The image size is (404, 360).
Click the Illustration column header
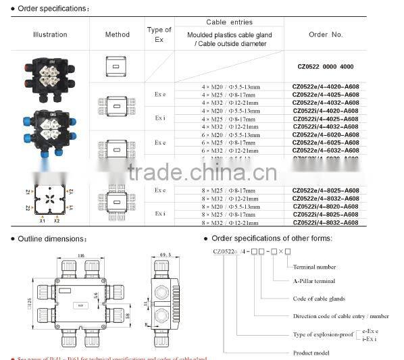click(50, 34)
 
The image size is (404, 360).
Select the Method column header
click(118, 34)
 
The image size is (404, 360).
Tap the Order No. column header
click(326, 34)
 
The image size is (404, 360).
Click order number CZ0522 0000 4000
click(326, 67)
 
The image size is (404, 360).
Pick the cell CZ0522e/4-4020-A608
click(326, 87)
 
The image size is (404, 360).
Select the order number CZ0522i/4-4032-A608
click(326, 126)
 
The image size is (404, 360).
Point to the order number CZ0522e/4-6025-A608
click(326, 143)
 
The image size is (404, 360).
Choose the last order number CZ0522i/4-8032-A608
click(326, 222)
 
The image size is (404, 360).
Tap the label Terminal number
click(314, 267)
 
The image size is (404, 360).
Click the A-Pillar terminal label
click(314, 281)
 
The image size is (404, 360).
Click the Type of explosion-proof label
click(322, 334)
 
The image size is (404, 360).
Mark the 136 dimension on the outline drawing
click(80, 256)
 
